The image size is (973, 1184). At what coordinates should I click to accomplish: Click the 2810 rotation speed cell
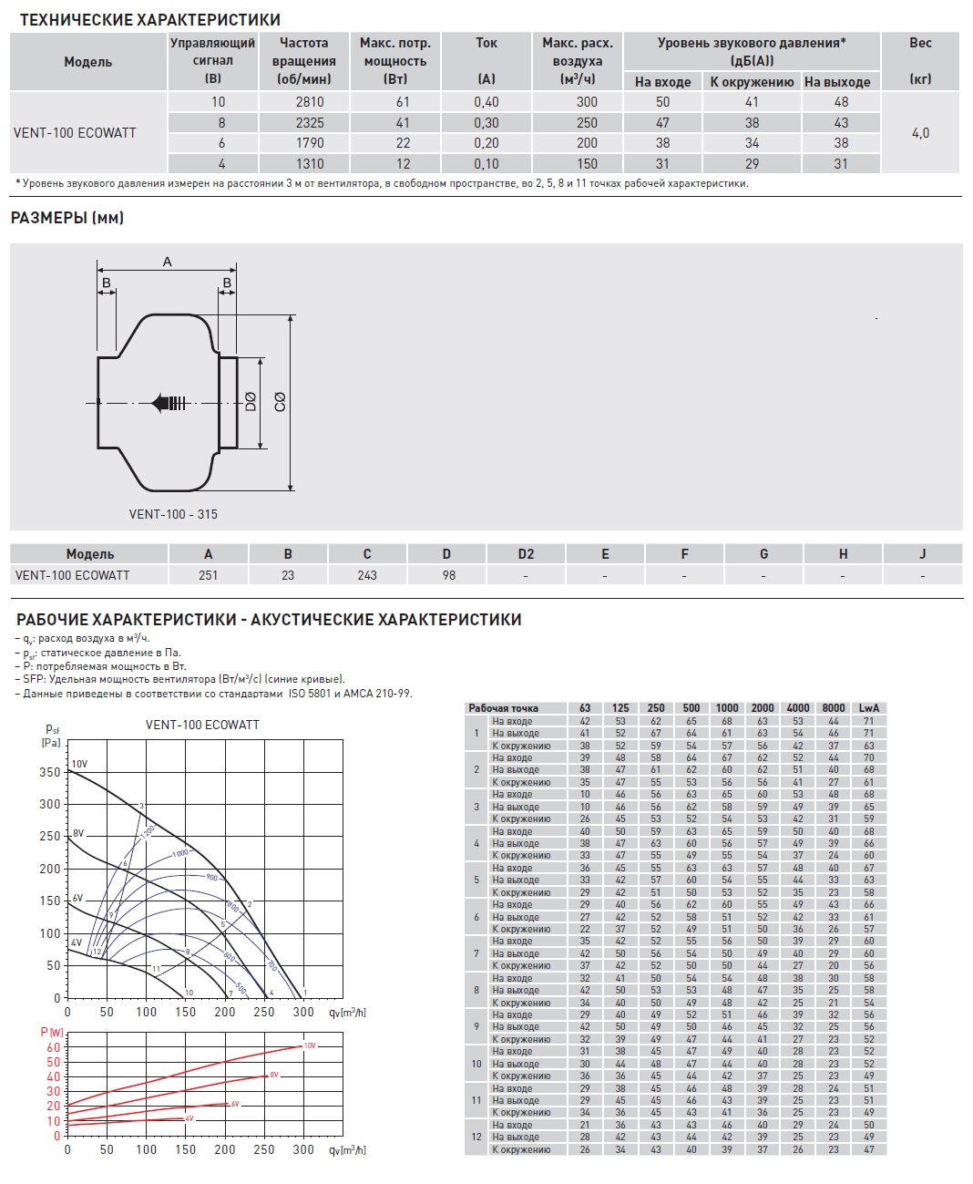310,102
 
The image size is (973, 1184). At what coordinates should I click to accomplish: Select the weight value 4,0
920,133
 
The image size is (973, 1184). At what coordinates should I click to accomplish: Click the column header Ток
486,43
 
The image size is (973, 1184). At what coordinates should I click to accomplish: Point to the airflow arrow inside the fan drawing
170,402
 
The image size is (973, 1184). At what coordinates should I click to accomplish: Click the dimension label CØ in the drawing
280,401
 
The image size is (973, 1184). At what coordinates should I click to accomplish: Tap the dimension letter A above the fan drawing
167,262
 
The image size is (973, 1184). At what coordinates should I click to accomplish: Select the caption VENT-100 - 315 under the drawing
173,514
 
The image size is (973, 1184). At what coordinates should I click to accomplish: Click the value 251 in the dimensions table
208,575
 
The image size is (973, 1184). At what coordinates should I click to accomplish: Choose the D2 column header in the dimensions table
526,553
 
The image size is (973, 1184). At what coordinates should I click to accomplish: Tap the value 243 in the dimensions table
367,575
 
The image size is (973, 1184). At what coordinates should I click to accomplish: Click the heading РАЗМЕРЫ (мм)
67,218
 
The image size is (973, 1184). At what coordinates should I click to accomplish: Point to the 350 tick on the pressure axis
50,772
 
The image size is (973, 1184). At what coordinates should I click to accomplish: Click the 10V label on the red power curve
310,1045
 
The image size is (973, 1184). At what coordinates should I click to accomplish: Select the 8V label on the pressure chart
78,833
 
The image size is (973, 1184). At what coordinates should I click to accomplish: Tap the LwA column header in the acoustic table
868,708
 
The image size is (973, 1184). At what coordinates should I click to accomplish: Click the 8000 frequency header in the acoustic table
833,708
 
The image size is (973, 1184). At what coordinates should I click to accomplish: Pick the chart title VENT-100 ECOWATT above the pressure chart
202,725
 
